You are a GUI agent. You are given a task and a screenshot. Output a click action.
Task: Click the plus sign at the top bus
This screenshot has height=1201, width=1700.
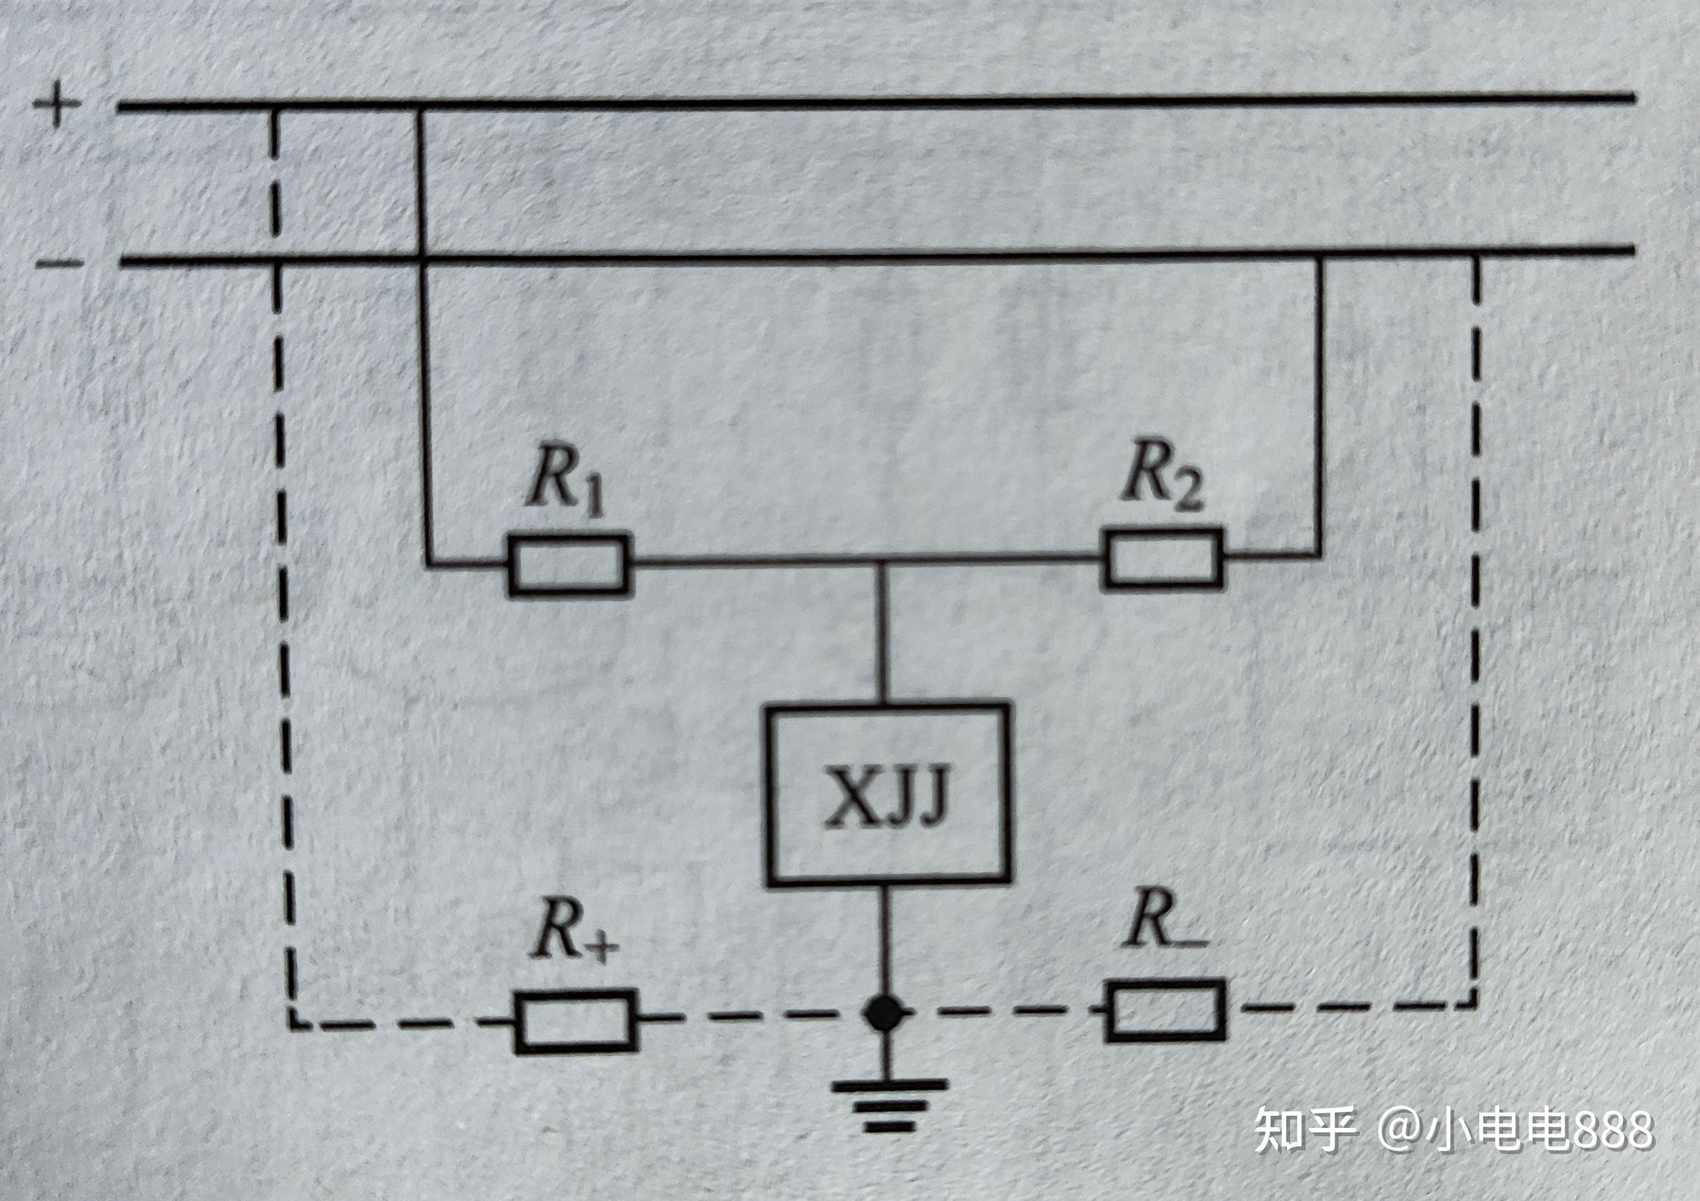click(56, 104)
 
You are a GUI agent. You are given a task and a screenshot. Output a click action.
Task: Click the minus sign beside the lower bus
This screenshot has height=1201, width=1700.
click(60, 263)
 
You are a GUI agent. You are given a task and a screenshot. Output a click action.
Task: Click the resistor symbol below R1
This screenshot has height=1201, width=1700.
click(568, 566)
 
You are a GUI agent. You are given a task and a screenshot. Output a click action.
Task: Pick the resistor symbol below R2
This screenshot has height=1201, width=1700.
click(1162, 559)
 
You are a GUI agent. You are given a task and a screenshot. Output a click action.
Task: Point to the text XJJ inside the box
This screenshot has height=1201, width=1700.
click(887, 797)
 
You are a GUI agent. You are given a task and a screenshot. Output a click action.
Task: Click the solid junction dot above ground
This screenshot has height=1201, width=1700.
click(885, 1014)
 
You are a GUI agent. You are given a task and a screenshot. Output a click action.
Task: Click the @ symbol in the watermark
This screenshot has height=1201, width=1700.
click(1404, 1130)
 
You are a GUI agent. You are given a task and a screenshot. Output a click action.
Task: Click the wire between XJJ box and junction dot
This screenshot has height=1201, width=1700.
click(885, 940)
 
